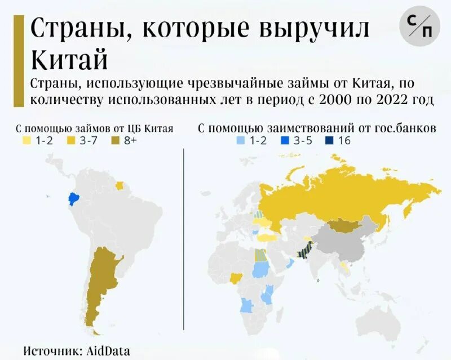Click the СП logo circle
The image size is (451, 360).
click(419, 25)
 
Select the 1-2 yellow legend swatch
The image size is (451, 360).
click(26, 140)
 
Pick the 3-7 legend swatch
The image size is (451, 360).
click(70, 140)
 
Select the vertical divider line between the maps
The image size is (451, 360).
click(185, 237)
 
